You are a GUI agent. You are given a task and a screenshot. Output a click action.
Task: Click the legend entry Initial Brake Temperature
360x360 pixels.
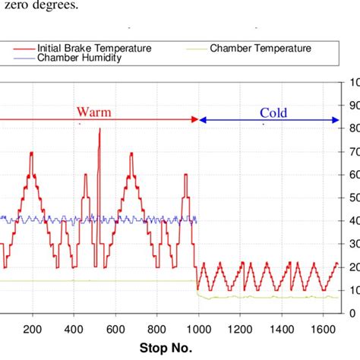(x=93, y=48)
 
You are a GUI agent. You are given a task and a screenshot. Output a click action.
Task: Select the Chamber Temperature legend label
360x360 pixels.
(x=261, y=48)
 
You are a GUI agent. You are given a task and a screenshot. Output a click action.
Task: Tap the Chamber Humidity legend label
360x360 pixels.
(x=79, y=58)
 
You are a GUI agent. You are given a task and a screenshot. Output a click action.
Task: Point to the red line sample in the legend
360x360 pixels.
(x=24, y=48)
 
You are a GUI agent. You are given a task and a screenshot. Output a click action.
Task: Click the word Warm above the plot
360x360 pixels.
(x=93, y=112)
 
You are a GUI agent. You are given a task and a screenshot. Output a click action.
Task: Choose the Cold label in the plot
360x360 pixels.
(x=273, y=112)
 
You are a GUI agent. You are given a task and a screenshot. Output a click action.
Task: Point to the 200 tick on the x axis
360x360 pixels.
(x=32, y=330)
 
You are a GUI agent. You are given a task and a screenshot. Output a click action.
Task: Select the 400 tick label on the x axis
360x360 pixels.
(x=74, y=330)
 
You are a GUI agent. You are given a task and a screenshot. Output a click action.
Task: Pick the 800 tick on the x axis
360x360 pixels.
(x=156, y=330)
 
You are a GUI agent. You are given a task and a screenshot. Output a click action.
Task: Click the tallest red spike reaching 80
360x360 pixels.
(x=99, y=130)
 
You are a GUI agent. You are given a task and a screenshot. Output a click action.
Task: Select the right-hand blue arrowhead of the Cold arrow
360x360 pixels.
(x=335, y=119)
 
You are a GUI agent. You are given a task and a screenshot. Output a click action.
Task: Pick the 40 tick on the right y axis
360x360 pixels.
(x=353, y=220)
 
